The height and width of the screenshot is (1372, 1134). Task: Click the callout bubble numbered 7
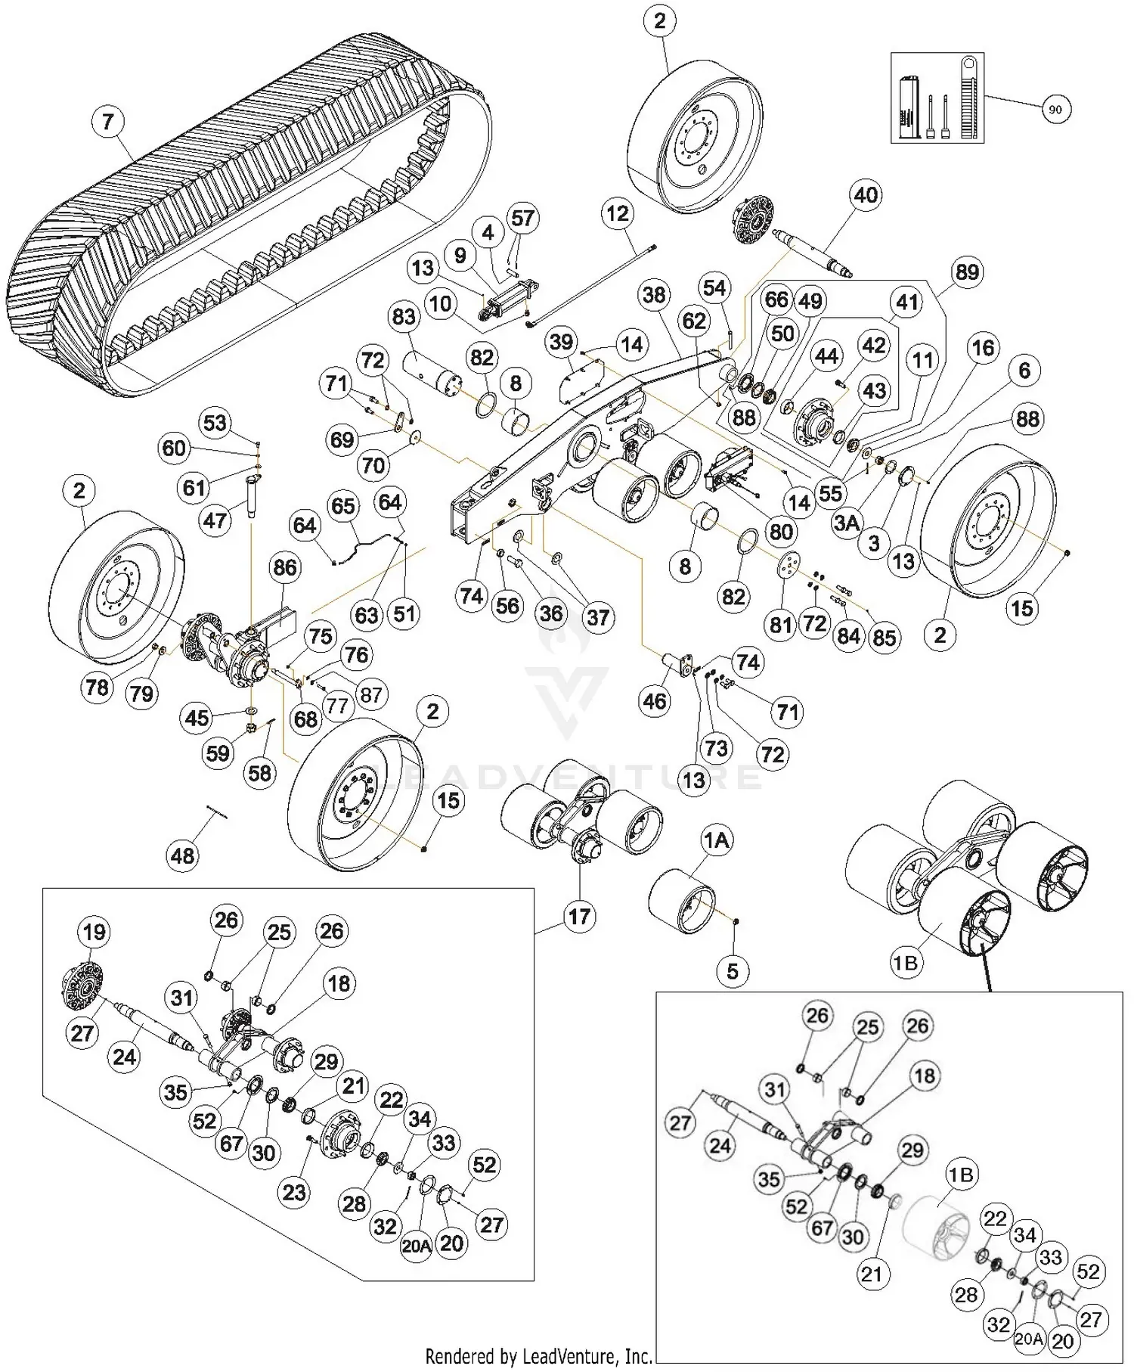coord(108,122)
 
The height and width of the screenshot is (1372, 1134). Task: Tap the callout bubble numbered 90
coord(1055,110)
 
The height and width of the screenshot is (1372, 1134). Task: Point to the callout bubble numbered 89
coord(967,272)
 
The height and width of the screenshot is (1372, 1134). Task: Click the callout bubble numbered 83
coord(404,315)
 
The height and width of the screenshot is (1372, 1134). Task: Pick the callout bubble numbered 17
coord(578,917)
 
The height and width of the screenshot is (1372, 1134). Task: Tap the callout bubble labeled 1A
coord(717,840)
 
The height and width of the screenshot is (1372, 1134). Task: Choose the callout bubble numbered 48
coord(182,856)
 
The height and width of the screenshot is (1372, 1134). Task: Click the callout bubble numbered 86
coord(284,567)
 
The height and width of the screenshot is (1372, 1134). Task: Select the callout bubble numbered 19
coord(94,932)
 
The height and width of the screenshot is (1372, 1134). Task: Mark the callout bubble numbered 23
coord(294,1192)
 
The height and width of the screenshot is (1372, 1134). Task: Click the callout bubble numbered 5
coord(732,970)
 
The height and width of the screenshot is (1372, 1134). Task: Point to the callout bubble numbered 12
coord(617,214)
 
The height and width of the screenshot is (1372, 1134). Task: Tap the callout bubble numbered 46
coord(654,700)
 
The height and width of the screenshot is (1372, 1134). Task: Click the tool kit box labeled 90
coord(937,98)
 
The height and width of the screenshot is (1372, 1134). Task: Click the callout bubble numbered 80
coord(780,532)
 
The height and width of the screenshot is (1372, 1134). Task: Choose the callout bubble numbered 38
coord(654,294)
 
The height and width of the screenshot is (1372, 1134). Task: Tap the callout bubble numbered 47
coord(215,520)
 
